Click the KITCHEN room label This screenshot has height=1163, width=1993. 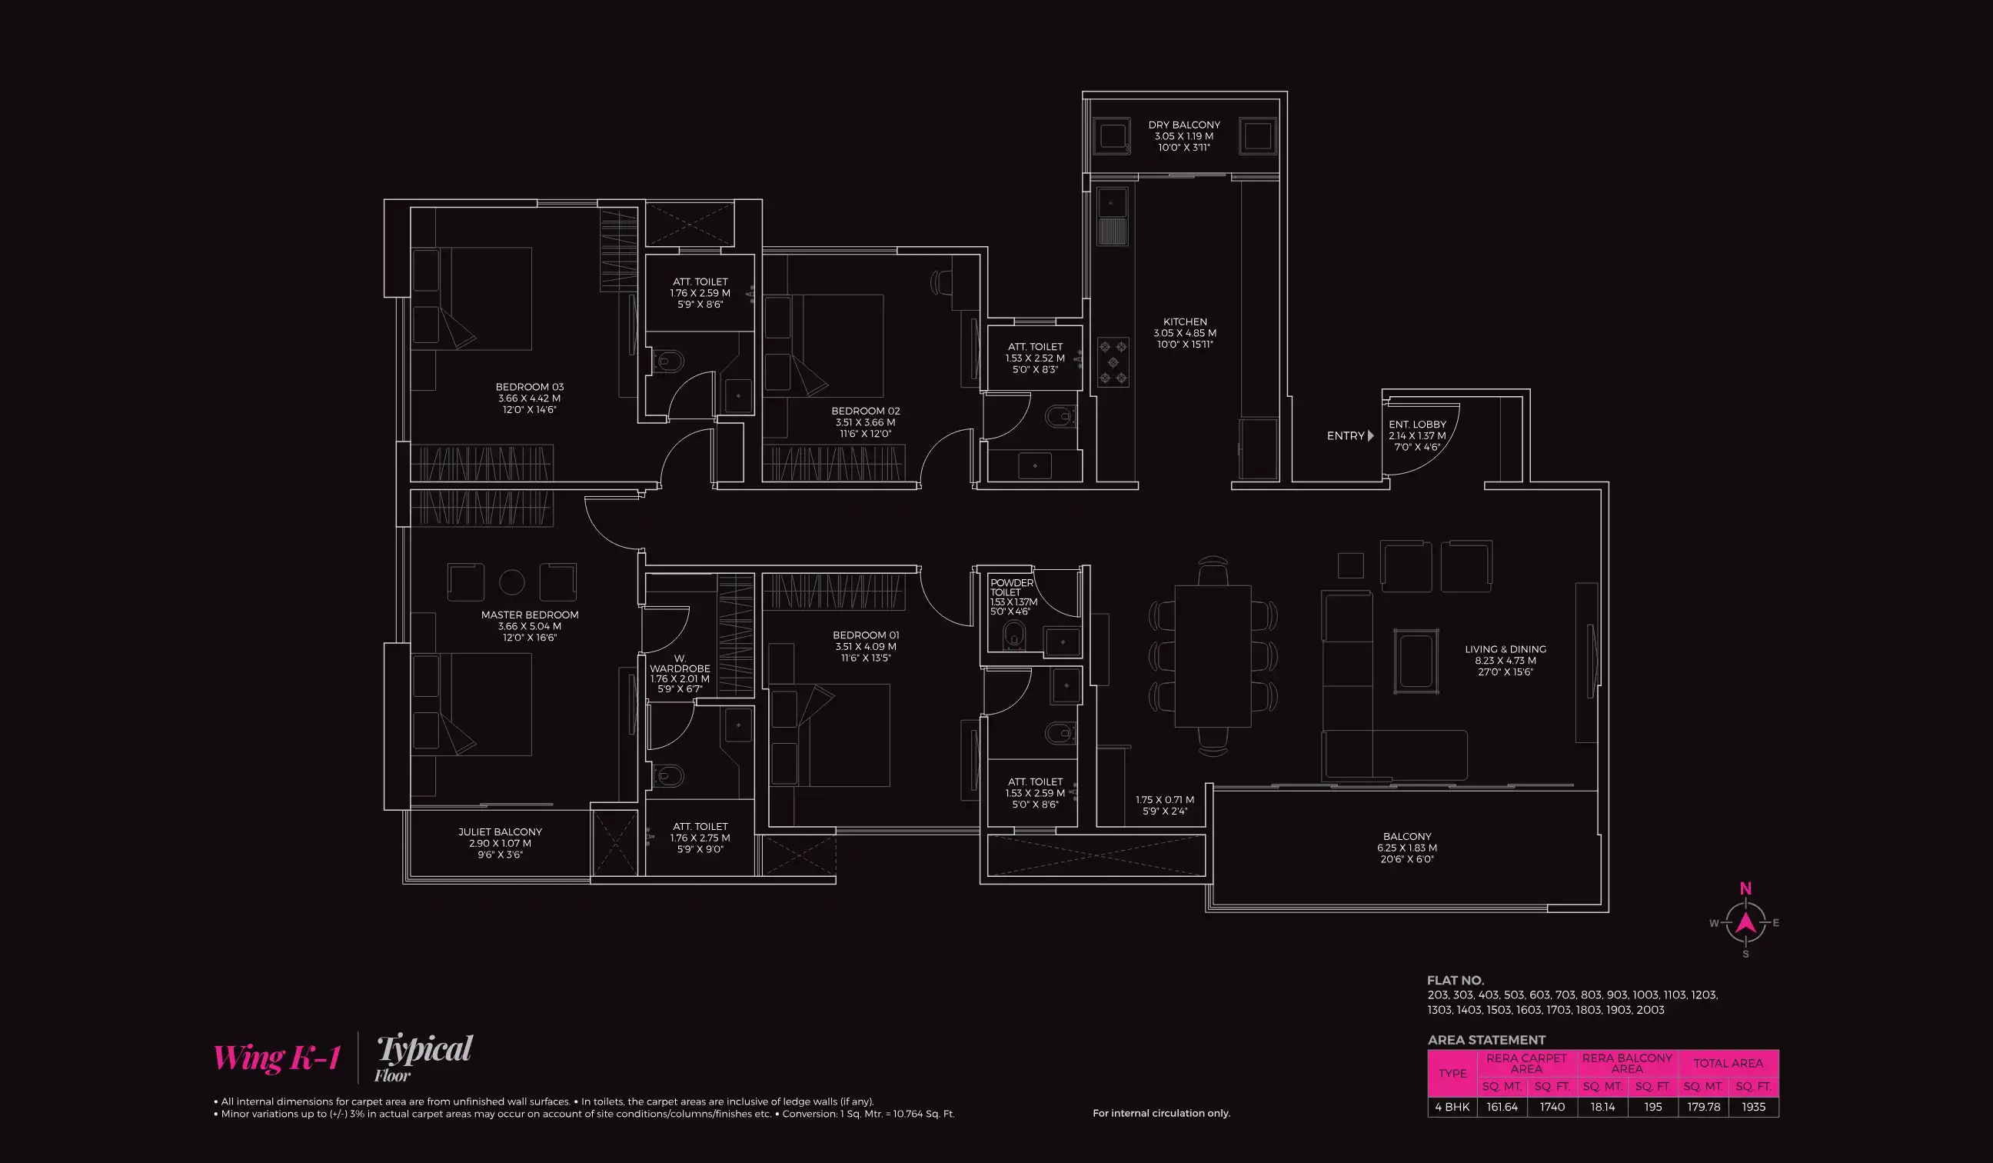(1185, 322)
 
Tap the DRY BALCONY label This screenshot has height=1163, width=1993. (1184, 125)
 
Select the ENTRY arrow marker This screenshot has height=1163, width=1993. (1371, 436)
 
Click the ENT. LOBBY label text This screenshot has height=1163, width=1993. (1417, 425)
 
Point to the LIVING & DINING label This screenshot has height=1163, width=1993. (1505, 649)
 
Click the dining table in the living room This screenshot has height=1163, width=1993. (1213, 656)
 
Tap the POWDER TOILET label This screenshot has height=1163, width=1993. (1011, 587)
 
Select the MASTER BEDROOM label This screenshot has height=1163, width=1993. (530, 615)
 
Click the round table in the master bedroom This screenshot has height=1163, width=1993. (511, 582)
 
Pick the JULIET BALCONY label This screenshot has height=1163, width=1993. (500, 832)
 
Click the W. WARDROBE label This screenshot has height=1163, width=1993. (680, 664)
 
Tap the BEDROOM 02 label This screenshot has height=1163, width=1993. (865, 412)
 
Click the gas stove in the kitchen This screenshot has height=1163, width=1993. (1113, 362)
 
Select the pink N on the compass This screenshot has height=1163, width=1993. (1745, 888)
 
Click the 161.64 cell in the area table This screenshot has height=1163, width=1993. (1502, 1107)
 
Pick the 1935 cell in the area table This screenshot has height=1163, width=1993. (1753, 1107)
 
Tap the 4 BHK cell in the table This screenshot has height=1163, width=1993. (1452, 1107)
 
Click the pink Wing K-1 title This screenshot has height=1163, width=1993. (276, 1058)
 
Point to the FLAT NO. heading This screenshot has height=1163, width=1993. (1456, 980)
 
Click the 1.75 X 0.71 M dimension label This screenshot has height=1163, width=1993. (1165, 800)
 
